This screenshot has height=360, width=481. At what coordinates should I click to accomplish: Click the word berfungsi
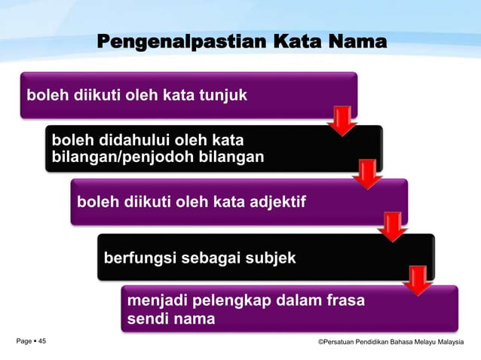click(x=137, y=258)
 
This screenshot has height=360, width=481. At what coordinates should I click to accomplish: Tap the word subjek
click(x=269, y=258)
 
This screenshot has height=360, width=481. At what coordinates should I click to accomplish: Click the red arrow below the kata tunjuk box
click(x=343, y=121)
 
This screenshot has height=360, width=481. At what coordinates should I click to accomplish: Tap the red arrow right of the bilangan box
click(x=368, y=173)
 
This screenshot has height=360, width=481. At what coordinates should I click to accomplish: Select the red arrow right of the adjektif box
click(x=393, y=226)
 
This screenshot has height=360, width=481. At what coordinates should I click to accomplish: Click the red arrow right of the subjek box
click(x=417, y=279)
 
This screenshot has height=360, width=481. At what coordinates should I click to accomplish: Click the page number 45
click(x=42, y=342)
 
